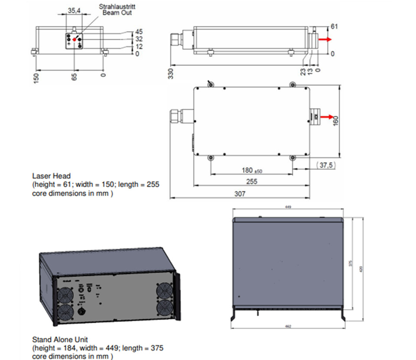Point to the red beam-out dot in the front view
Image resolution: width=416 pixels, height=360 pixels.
click(74, 39)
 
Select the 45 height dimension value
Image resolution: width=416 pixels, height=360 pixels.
click(139, 32)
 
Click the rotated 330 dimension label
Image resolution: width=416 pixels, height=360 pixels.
click(171, 74)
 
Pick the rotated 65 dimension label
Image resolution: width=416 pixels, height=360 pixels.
click(74, 78)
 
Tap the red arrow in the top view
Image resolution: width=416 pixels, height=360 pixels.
click(329, 117)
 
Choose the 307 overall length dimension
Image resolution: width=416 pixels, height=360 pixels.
click(240, 194)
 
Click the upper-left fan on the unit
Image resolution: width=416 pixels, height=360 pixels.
click(65, 296)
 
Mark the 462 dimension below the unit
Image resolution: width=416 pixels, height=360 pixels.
click(288, 326)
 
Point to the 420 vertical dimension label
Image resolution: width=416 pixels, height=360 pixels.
click(361, 269)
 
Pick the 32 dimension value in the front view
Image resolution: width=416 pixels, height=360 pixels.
click(139, 39)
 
